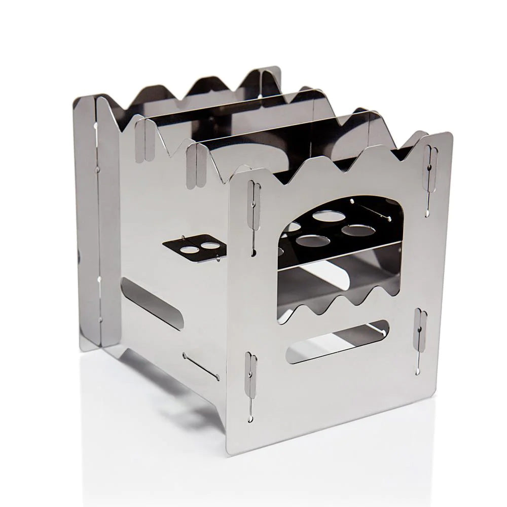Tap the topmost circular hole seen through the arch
325,216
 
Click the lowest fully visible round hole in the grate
310,239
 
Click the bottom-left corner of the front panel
229,453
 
